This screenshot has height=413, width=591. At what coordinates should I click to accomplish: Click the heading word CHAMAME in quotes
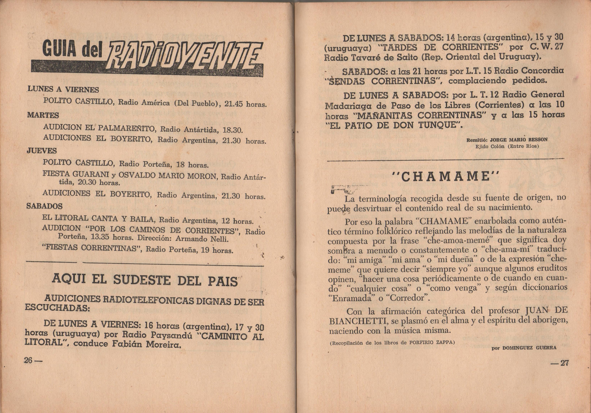pos(445,176)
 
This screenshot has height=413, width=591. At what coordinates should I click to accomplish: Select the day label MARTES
pos(43,115)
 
